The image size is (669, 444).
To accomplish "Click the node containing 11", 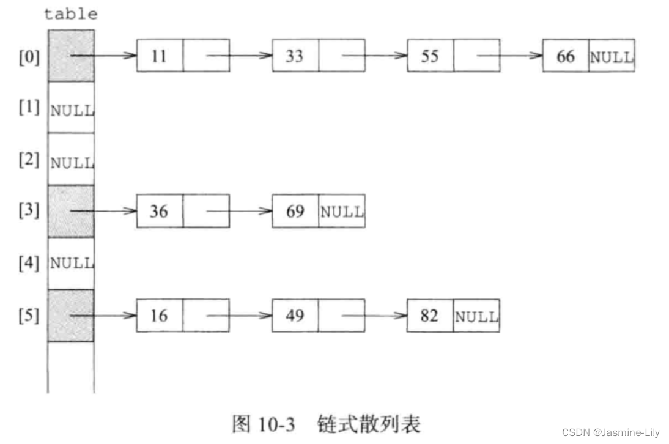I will pos(159,56).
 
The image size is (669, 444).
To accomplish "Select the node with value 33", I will pos(295,56).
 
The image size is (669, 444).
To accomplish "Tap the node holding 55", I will pos(430,56).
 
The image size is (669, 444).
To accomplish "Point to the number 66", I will pos(566,56).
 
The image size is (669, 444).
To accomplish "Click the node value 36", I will pos(159,211).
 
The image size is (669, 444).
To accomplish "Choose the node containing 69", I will pos(295,211).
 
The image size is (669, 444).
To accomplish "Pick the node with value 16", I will pos(159,316).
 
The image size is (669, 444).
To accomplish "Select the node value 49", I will pos(295,316).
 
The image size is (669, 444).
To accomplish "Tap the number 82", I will pos(430,316).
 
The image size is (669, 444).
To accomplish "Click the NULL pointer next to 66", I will pos(612,56).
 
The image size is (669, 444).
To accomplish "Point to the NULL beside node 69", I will pos(342,212).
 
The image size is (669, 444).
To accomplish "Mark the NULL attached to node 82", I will pos(476,316).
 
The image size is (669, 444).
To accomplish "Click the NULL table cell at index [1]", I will pos(72,111).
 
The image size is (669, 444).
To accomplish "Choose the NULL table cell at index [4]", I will pos(72,264).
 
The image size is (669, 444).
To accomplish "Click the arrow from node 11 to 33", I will pos(238,56).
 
